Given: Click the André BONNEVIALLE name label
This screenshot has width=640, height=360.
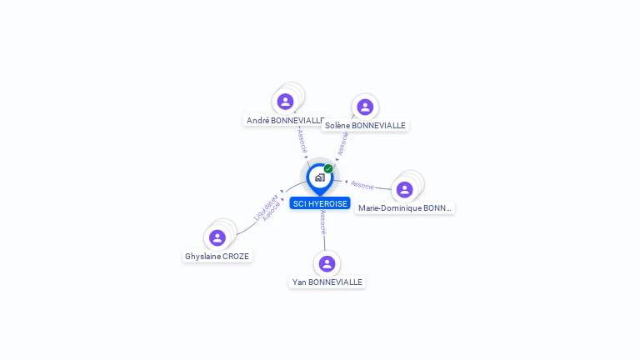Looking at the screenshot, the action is click(285, 121).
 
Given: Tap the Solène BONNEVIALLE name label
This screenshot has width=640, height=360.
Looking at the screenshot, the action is click(365, 126).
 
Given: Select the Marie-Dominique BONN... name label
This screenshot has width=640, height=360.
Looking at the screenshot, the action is click(405, 208).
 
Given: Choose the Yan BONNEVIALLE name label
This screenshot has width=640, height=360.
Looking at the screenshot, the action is click(327, 282).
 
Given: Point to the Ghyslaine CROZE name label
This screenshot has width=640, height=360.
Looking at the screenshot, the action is click(217, 257).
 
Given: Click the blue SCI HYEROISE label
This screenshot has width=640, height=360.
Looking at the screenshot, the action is click(320, 203).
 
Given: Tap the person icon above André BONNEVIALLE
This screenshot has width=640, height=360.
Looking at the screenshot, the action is click(286, 102).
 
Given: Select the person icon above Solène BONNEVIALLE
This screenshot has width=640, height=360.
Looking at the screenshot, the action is click(365, 107).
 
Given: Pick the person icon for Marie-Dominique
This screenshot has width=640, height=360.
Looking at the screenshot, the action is click(405, 189).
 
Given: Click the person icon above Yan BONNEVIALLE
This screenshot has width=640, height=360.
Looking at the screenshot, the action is click(327, 263).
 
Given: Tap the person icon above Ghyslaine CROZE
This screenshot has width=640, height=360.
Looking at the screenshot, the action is click(217, 237).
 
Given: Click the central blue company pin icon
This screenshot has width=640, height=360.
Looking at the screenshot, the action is click(319, 177).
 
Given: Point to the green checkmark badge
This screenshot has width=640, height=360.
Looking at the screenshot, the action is click(328, 168).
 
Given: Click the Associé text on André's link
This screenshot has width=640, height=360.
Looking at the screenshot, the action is click(302, 139).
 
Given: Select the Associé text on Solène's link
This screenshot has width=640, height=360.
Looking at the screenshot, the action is click(342, 142).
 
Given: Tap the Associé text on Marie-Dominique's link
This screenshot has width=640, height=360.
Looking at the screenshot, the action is click(362, 185).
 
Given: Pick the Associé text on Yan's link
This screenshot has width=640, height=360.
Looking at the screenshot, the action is click(323, 220).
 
